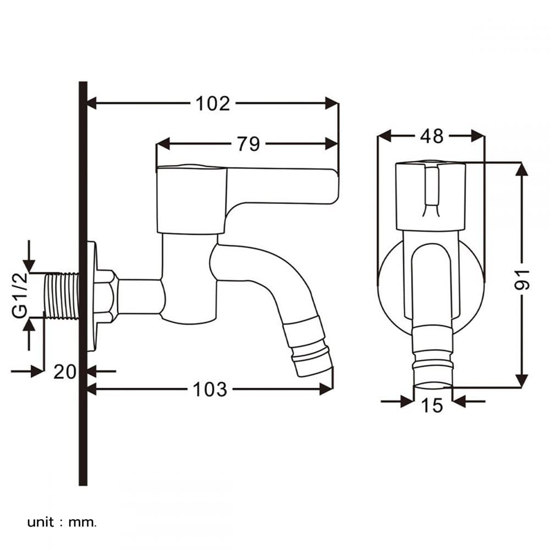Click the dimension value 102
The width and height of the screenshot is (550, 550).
[x=212, y=104]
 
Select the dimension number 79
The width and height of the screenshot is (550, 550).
[x=249, y=144]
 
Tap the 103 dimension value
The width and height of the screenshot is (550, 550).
[x=210, y=389]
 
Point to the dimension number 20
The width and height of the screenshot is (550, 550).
[x=64, y=371]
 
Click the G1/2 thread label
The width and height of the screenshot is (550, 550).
[x=20, y=295]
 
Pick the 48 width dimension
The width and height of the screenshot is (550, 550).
[x=432, y=136]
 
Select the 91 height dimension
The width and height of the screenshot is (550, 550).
[x=522, y=279]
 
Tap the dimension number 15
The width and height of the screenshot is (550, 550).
[x=432, y=405]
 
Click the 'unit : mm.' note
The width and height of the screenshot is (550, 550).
[x=62, y=522]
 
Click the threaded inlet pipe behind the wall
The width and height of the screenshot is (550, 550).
[x=62, y=296]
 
